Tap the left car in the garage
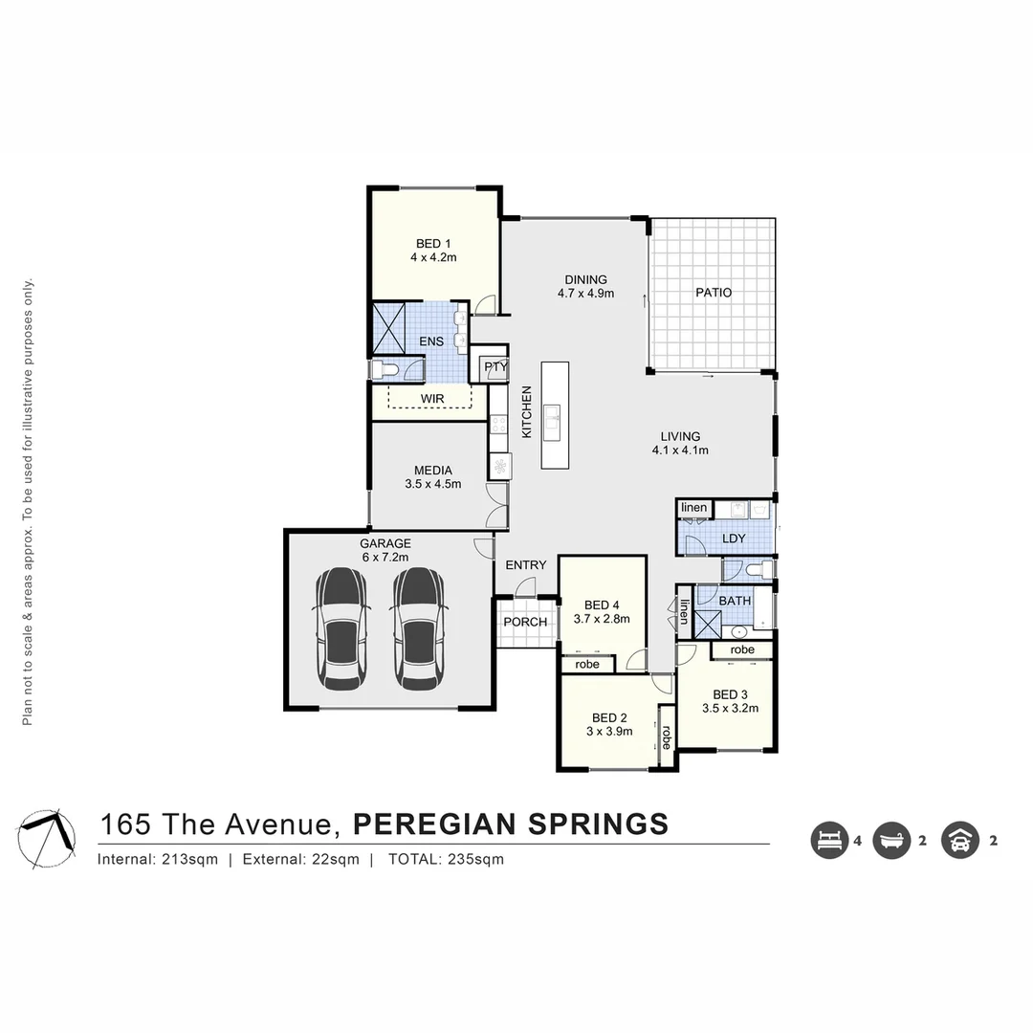342,628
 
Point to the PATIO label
713,293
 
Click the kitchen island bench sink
553,418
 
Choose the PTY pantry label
495,367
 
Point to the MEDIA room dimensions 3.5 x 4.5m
432,484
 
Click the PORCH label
525,623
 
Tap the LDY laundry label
734,538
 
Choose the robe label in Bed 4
587,664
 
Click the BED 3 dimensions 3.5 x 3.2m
730,709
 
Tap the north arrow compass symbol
48,838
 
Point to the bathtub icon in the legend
891,842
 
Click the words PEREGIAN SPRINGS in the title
511,824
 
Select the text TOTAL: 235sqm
446,859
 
